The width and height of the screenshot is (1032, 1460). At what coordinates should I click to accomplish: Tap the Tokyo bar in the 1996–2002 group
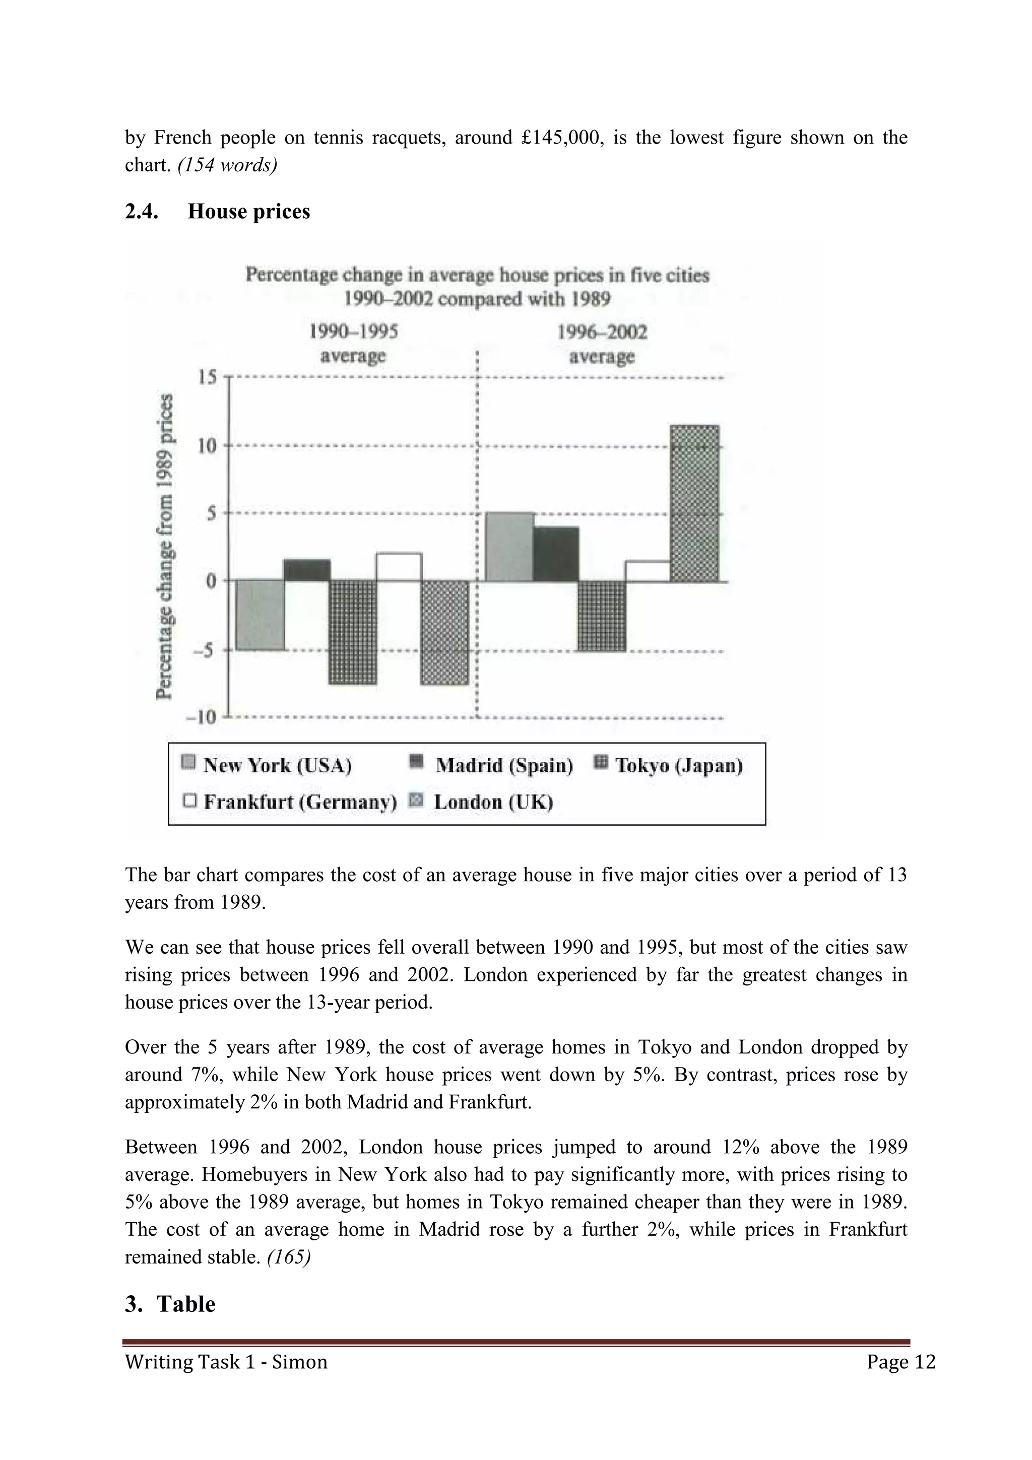tap(602, 616)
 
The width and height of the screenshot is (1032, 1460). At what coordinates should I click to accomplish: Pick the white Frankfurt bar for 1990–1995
tap(399, 567)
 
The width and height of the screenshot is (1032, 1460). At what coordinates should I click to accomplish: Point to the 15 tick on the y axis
tap(207, 378)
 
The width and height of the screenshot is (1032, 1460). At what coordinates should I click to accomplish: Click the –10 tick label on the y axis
tap(202, 717)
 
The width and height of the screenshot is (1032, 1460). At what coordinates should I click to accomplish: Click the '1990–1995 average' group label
tap(354, 344)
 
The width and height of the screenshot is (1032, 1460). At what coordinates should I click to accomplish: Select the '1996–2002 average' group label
tap(602, 344)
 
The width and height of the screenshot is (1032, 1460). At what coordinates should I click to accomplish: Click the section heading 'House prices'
tap(248, 211)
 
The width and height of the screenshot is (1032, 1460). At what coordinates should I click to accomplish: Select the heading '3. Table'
tap(170, 1304)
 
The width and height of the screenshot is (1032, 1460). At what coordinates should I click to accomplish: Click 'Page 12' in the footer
tap(900, 1362)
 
